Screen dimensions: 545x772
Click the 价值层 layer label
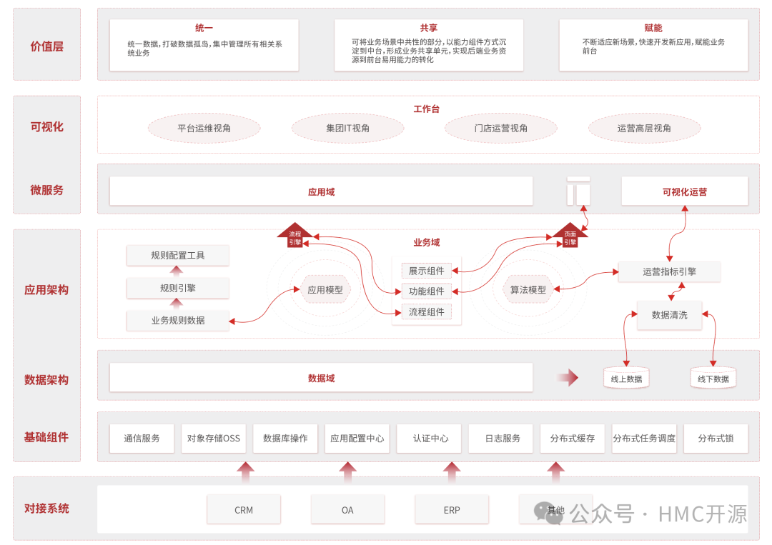pyautogui.click(x=47, y=46)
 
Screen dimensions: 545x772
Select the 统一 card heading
pyautogui.click(x=204, y=28)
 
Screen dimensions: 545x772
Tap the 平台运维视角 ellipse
pyautogui.click(x=204, y=129)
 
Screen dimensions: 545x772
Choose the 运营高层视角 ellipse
pyautogui.click(x=644, y=129)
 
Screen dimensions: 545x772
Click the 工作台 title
pyautogui.click(x=427, y=109)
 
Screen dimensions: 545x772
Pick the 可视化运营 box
pyautogui.click(x=684, y=191)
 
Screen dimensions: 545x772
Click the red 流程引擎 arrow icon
pyautogui.click(x=295, y=236)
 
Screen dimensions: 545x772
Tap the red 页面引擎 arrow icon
pyautogui.click(x=570, y=236)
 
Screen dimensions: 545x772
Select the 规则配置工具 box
pyautogui.click(x=178, y=255)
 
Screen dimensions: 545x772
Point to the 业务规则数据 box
pyautogui.click(x=178, y=320)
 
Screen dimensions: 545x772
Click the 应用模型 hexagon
pyautogui.click(x=325, y=289)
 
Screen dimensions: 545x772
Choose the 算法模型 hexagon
pyautogui.click(x=528, y=289)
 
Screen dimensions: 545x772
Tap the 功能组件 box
pyautogui.click(x=427, y=291)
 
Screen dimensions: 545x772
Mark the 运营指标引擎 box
pyautogui.click(x=669, y=271)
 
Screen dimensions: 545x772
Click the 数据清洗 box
pyautogui.click(x=669, y=315)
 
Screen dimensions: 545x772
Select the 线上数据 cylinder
pyautogui.click(x=626, y=378)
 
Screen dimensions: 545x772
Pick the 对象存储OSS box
pyautogui.click(x=214, y=438)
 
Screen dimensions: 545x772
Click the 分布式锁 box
pyautogui.click(x=716, y=438)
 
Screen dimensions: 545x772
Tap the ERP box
pyautogui.click(x=452, y=510)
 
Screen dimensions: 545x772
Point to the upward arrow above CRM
pyautogui.click(x=245, y=473)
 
